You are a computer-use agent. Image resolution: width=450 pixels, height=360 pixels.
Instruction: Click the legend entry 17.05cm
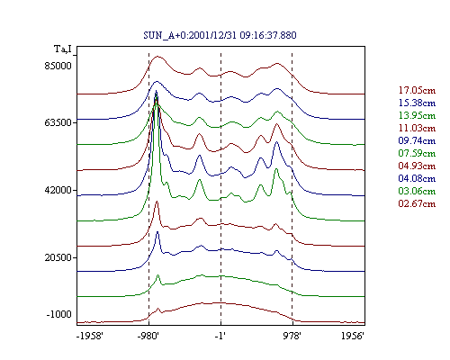click(417, 90)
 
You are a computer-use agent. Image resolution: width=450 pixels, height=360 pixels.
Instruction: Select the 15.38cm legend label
click(417, 103)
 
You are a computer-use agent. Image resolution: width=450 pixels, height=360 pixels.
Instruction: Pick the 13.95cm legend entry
click(417, 115)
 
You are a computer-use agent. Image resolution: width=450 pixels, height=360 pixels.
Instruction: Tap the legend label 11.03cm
click(417, 128)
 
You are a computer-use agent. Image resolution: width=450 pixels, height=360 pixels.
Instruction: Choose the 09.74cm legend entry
click(417, 140)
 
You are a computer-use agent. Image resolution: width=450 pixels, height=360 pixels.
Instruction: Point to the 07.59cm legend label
click(417, 153)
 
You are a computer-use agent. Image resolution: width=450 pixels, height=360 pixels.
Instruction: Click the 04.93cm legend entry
click(417, 166)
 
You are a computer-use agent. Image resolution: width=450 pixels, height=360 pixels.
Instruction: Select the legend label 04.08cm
click(417, 178)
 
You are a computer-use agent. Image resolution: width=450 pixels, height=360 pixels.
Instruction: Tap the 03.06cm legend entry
click(417, 191)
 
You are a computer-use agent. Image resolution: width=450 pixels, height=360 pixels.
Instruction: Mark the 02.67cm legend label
click(417, 203)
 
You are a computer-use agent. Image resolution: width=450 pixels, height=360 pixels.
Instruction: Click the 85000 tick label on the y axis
click(58, 66)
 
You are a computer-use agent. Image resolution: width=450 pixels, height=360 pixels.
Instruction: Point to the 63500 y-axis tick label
click(58, 122)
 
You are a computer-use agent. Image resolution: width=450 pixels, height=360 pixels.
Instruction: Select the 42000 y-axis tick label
click(58, 190)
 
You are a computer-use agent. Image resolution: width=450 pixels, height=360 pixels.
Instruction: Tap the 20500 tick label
click(58, 257)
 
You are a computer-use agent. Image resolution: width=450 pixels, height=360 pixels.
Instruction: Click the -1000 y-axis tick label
click(58, 314)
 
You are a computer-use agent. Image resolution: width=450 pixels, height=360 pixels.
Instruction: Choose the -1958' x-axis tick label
click(90, 336)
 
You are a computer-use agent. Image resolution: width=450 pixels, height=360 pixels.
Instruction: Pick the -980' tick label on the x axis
click(148, 336)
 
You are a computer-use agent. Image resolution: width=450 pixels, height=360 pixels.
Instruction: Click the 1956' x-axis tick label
click(353, 336)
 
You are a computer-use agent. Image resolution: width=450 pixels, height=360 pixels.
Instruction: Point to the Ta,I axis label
click(63, 49)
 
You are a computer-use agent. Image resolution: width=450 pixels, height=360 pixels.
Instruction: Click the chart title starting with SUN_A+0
click(220, 35)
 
